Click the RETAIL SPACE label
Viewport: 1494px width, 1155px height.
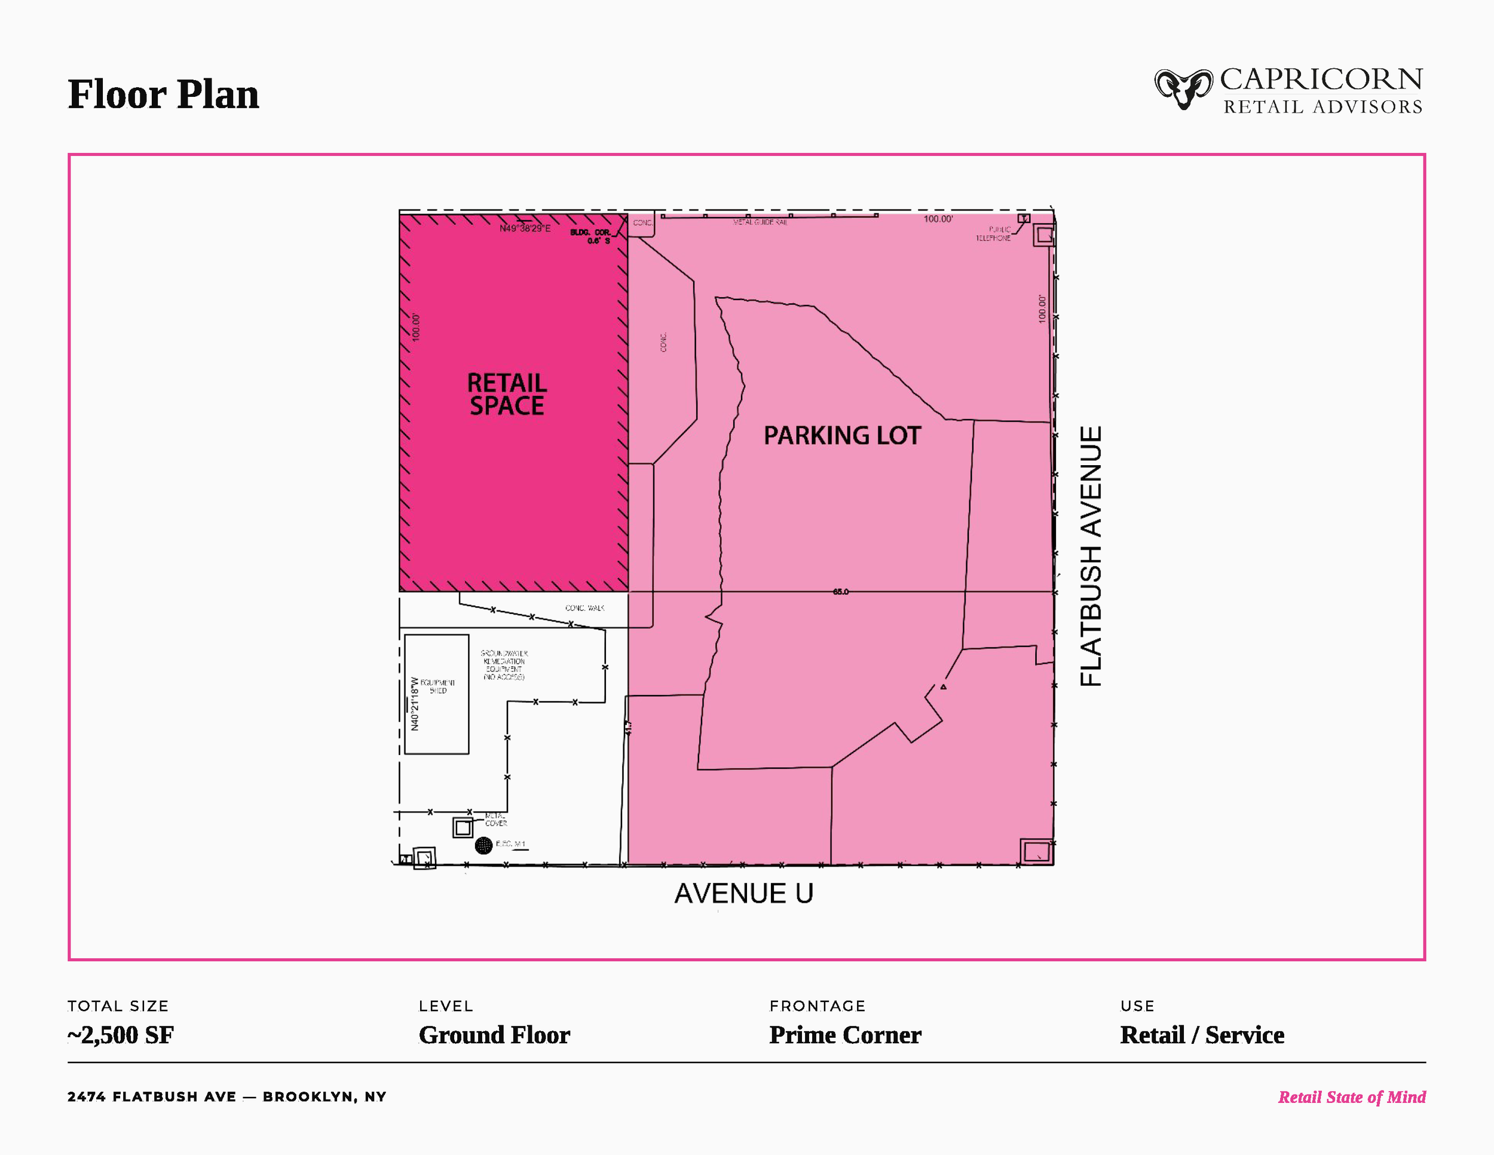(506, 394)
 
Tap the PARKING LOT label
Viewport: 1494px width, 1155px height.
(842, 436)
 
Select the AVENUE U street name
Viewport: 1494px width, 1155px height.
(743, 894)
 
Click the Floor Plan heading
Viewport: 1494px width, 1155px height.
(164, 94)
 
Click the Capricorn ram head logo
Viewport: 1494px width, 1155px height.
(1183, 89)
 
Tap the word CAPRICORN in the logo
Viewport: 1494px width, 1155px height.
(1321, 80)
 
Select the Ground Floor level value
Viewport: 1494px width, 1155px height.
(494, 1035)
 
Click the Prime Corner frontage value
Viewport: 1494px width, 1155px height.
(845, 1035)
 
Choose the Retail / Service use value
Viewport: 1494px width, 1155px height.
(1202, 1035)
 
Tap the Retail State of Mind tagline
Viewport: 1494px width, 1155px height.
(1352, 1098)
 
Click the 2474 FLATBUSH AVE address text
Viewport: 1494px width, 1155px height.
(151, 1097)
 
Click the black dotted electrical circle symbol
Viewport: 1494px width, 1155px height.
(483, 846)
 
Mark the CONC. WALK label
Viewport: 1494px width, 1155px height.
(584, 607)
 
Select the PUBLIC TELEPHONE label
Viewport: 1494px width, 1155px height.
(994, 234)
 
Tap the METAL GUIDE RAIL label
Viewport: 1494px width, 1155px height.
(760, 222)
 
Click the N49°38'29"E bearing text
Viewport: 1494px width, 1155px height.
(525, 228)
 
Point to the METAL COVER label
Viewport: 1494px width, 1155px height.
(496, 819)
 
